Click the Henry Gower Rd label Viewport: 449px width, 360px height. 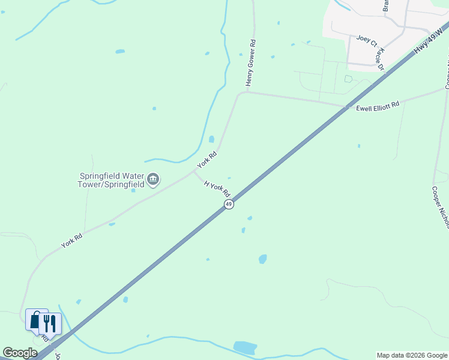click(x=252, y=62)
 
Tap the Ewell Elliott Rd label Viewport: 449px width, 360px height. click(x=378, y=107)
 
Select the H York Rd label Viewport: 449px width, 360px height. click(x=217, y=189)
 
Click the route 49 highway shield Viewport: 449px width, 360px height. click(x=229, y=205)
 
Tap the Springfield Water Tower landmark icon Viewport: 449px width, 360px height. click(x=153, y=179)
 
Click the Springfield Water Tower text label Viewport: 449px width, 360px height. click(x=112, y=180)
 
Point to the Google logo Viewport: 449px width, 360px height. click(x=20, y=353)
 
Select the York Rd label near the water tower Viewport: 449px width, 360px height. click(x=207, y=159)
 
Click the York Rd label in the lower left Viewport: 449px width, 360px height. click(x=71, y=241)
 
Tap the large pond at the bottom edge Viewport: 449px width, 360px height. click(x=244, y=347)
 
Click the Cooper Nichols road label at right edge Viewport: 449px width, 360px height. click(x=440, y=206)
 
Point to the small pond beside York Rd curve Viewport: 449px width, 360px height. click(x=211, y=139)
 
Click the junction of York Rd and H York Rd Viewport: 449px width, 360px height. click(x=194, y=171)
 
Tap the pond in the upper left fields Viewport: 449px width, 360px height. click(x=120, y=52)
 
